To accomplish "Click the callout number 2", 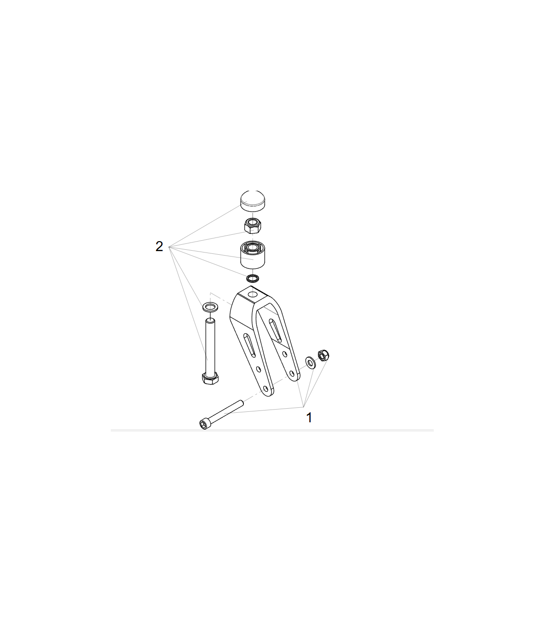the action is point(159,246).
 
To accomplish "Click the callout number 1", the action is point(309,418).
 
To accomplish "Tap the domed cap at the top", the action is point(253,201).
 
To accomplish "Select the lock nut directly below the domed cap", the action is point(253,226).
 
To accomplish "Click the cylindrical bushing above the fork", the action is point(253,255).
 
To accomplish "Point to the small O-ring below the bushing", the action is point(253,278).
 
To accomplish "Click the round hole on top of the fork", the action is point(253,294).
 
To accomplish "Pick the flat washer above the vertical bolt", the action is point(210,307).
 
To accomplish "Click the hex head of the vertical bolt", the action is point(210,379).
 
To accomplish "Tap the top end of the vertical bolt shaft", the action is point(210,320).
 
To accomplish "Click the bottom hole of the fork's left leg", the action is point(266,389).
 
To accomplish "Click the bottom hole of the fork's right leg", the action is point(292,374).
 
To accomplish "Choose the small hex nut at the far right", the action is point(323,356).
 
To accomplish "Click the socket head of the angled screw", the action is point(204,424).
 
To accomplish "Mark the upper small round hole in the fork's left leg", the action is point(258,369).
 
